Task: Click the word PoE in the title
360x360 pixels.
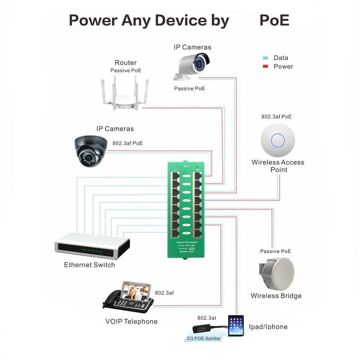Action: tap(274, 21)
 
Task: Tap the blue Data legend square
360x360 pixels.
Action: tap(266, 58)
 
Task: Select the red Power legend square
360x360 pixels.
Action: tap(266, 67)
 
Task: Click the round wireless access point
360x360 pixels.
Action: tap(278, 140)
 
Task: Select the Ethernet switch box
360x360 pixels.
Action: tap(92, 246)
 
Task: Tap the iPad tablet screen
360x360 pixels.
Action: tap(236, 326)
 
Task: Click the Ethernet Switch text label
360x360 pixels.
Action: tap(89, 265)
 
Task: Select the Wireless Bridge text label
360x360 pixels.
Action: tap(276, 296)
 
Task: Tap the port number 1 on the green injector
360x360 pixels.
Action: tap(186, 176)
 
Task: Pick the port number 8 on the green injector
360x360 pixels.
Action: tap(186, 233)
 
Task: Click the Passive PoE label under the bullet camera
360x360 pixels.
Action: tap(189, 88)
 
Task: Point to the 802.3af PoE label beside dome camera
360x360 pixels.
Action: tap(127, 143)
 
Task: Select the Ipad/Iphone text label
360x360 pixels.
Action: tap(268, 327)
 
